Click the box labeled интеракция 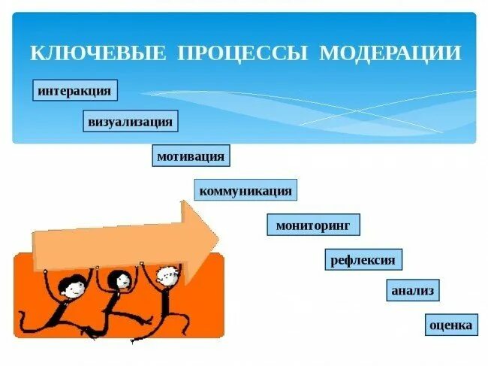click(x=76, y=91)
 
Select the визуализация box click(x=131, y=121)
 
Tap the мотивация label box click(x=190, y=156)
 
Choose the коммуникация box click(x=245, y=191)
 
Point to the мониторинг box click(x=313, y=225)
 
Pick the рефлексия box click(x=363, y=260)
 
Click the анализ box click(x=412, y=290)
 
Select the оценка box click(x=450, y=325)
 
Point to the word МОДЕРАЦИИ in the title click(x=390, y=53)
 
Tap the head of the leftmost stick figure click(x=71, y=286)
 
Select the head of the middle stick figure click(x=119, y=280)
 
